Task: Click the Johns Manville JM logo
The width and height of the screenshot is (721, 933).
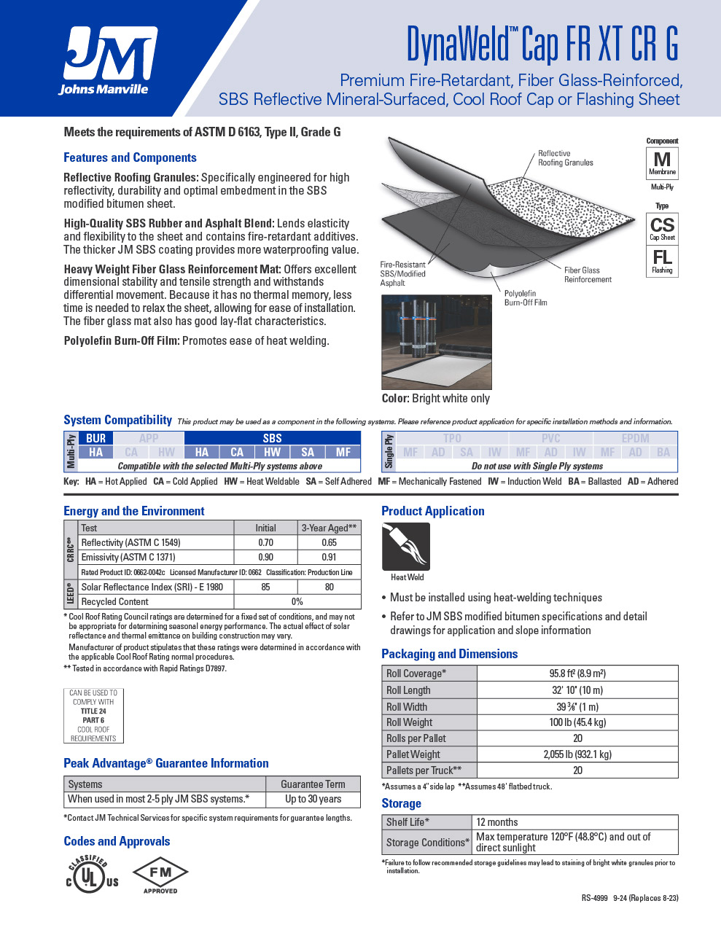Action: (108, 60)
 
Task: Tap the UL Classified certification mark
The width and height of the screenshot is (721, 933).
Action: (91, 873)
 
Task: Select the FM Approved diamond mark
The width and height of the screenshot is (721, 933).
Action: (160, 875)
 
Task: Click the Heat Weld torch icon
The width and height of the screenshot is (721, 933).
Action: (406, 547)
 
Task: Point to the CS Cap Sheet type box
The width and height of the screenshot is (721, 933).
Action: (662, 228)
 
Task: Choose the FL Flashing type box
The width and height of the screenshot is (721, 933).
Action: (662, 261)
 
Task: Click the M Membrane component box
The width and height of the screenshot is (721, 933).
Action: (662, 163)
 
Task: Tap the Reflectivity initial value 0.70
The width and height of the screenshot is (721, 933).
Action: (265, 542)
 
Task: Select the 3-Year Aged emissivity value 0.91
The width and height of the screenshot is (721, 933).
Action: (329, 557)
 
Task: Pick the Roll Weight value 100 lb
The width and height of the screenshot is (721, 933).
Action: (577, 722)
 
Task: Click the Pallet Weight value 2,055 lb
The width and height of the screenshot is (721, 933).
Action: (577, 754)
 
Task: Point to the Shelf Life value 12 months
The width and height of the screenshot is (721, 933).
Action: (497, 822)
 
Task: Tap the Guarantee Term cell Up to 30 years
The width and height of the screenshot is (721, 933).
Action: (313, 799)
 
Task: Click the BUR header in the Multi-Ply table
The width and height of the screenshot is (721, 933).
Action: (96, 438)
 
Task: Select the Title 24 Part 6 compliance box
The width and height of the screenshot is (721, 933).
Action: (93, 715)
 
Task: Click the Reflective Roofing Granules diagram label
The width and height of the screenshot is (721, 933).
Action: (566, 158)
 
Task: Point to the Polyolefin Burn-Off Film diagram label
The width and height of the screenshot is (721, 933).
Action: (526, 297)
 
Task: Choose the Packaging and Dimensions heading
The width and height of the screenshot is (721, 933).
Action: (449, 654)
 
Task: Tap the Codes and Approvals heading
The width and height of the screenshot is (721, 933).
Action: (117, 841)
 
